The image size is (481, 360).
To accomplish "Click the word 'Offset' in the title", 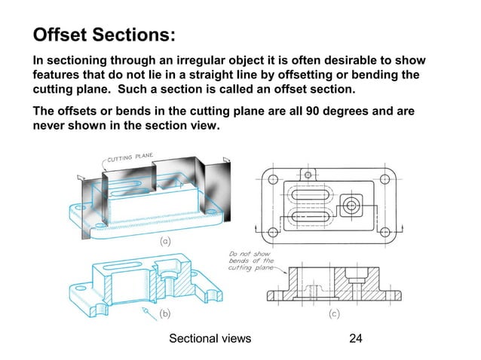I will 62,35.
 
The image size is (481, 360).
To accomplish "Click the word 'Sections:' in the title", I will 136,35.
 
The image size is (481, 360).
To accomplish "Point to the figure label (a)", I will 165,243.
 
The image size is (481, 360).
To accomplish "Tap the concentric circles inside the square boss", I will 351,204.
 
